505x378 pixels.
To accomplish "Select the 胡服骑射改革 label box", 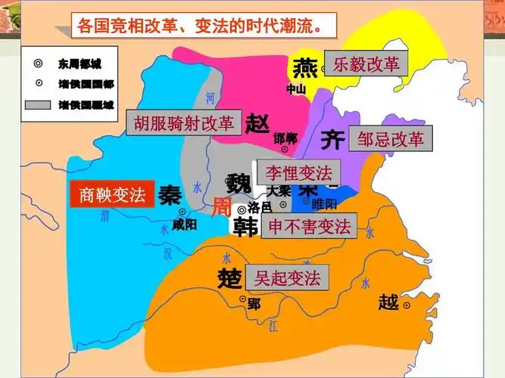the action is click(x=185, y=122).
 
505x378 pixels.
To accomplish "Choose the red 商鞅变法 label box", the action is click(x=112, y=195).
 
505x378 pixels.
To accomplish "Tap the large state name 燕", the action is click(x=304, y=67).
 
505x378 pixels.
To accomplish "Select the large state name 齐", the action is click(x=332, y=139).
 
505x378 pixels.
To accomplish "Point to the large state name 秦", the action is click(x=170, y=196).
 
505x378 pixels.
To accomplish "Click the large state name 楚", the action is click(x=229, y=277).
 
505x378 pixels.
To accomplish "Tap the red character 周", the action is click(x=220, y=206).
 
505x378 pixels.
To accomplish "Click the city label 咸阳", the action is click(x=184, y=225).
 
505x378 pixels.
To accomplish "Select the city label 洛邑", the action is click(x=260, y=208).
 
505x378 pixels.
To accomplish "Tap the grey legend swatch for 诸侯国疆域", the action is click(x=37, y=104).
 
